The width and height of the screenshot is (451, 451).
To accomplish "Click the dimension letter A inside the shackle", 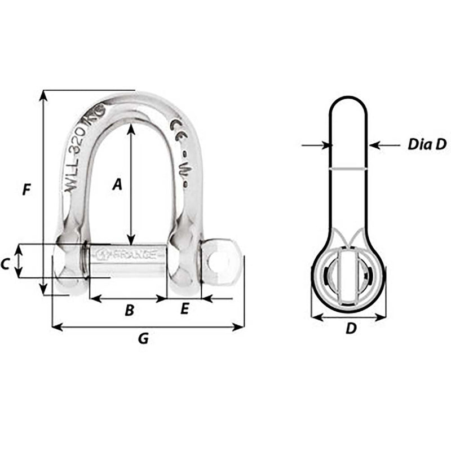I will point(117,184).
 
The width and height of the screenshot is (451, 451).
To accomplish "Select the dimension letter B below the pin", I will point(129,309).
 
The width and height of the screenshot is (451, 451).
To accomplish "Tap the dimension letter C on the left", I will point(5,263).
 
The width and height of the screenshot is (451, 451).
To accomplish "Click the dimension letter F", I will point(26,190).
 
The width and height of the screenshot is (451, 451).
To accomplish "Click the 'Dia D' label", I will point(427,145).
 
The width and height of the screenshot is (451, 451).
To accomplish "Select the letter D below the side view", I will point(351,329).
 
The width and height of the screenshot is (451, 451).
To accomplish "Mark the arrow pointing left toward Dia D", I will point(383,145).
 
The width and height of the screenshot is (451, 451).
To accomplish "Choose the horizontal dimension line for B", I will point(129,299).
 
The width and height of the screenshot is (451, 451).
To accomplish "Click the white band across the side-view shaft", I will point(348,169).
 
